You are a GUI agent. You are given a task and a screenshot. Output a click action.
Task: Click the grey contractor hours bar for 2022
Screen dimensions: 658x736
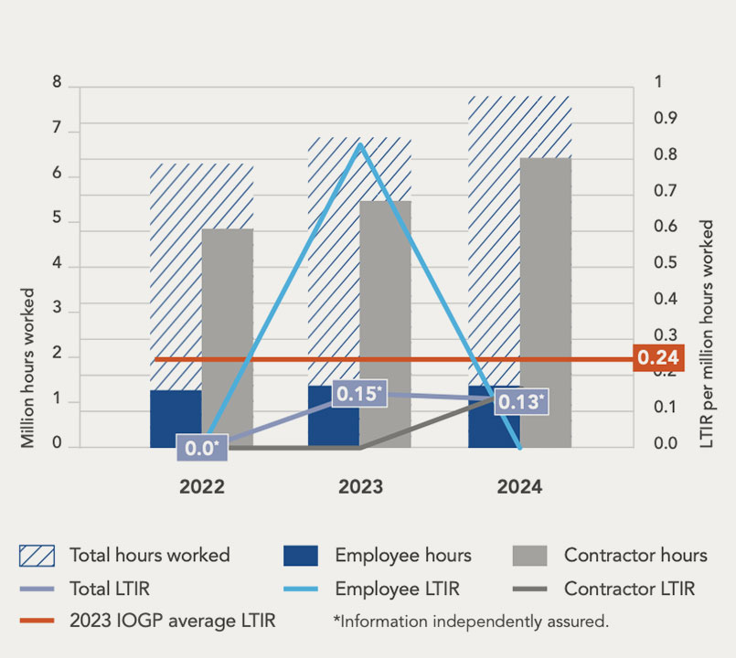[227, 338]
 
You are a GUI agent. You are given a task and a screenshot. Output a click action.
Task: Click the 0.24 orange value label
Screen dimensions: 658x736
[657, 358]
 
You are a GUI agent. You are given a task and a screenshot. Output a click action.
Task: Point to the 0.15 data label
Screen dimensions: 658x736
[357, 394]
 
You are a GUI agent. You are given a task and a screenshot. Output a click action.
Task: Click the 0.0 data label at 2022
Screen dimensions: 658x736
[201, 448]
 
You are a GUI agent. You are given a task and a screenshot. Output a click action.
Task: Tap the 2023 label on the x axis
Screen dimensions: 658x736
[360, 487]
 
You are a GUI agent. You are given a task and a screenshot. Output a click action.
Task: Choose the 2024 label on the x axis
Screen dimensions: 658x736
[519, 487]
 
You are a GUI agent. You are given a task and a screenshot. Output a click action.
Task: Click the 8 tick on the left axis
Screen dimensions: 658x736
[57, 83]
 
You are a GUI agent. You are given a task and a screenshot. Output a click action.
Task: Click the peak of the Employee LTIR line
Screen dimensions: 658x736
[360, 144]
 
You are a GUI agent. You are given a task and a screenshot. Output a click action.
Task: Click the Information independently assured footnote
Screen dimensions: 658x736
[471, 622]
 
